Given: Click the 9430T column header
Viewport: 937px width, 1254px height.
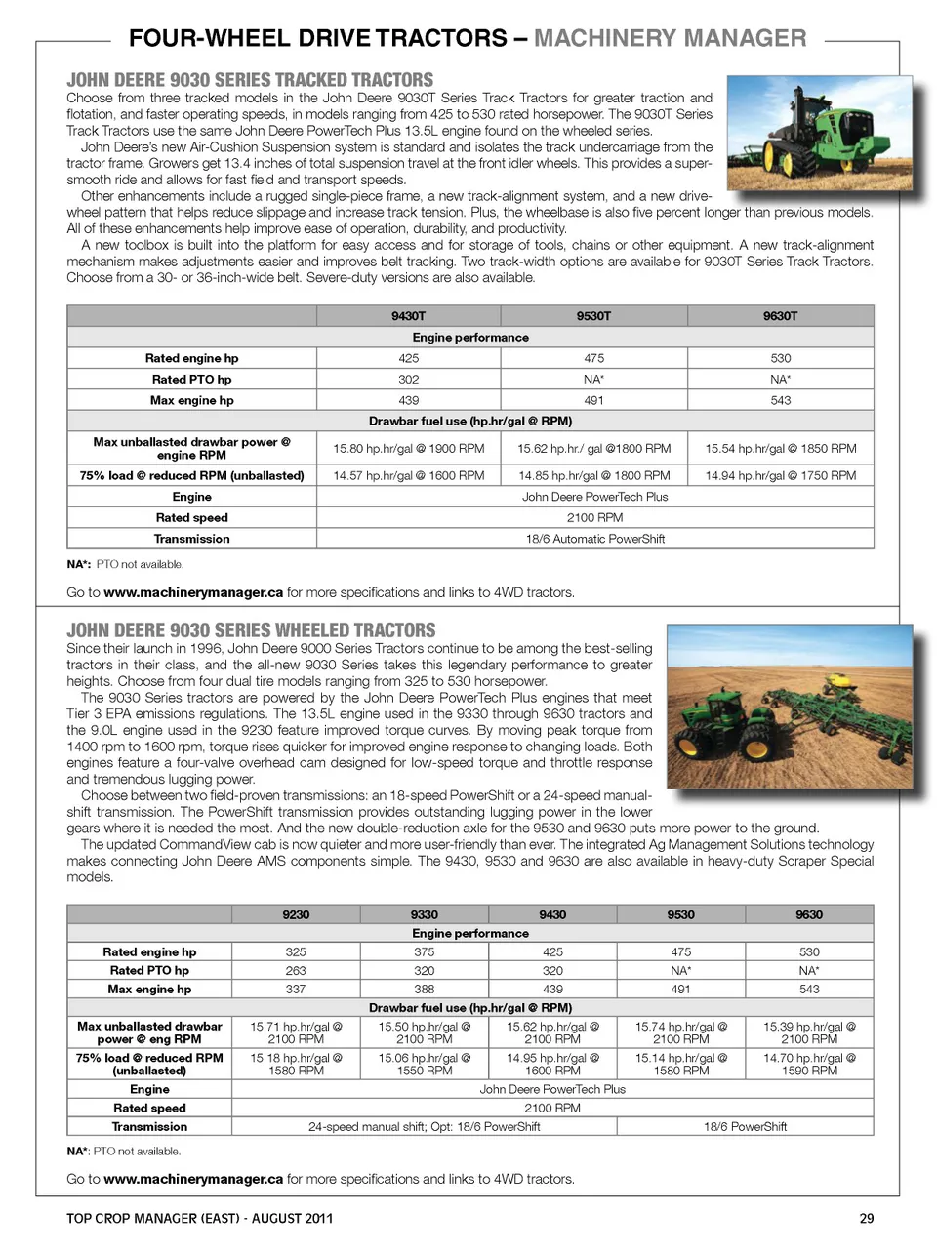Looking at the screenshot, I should [x=408, y=316].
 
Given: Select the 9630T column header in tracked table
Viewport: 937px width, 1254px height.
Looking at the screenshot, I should [x=780, y=316].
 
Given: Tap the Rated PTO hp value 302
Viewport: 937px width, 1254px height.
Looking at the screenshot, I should [x=408, y=380].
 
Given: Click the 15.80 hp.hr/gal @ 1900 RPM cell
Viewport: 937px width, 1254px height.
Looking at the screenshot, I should [x=408, y=449].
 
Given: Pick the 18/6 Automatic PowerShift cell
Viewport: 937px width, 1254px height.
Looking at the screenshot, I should [x=594, y=539].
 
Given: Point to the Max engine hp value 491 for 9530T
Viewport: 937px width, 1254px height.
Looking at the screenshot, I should [x=593, y=400].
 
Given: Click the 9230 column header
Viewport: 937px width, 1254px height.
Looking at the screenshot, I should [x=296, y=915].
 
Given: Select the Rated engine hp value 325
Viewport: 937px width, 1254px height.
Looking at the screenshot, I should [x=296, y=952].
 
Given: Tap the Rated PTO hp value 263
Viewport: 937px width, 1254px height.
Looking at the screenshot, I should [x=296, y=971].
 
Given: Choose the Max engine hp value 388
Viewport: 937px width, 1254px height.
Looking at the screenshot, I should [x=424, y=990].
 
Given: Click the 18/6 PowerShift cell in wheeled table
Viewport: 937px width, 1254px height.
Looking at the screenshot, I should [x=745, y=1127].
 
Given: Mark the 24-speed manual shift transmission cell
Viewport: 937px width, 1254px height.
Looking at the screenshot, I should [x=424, y=1127].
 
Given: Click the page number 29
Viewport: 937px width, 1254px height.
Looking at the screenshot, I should [x=867, y=1219].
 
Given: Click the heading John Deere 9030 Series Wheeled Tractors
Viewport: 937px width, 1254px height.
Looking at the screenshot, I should [x=251, y=630].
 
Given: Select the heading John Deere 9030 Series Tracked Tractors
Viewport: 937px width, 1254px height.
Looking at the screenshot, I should [x=250, y=80].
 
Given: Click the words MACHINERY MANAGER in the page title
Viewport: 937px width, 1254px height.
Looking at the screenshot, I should [x=670, y=39].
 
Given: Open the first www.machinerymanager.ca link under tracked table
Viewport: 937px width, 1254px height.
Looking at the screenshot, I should [x=193, y=592].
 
